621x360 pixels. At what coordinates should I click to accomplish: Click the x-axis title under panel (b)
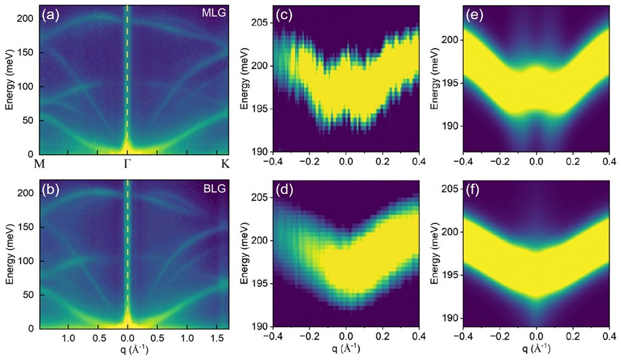128,351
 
